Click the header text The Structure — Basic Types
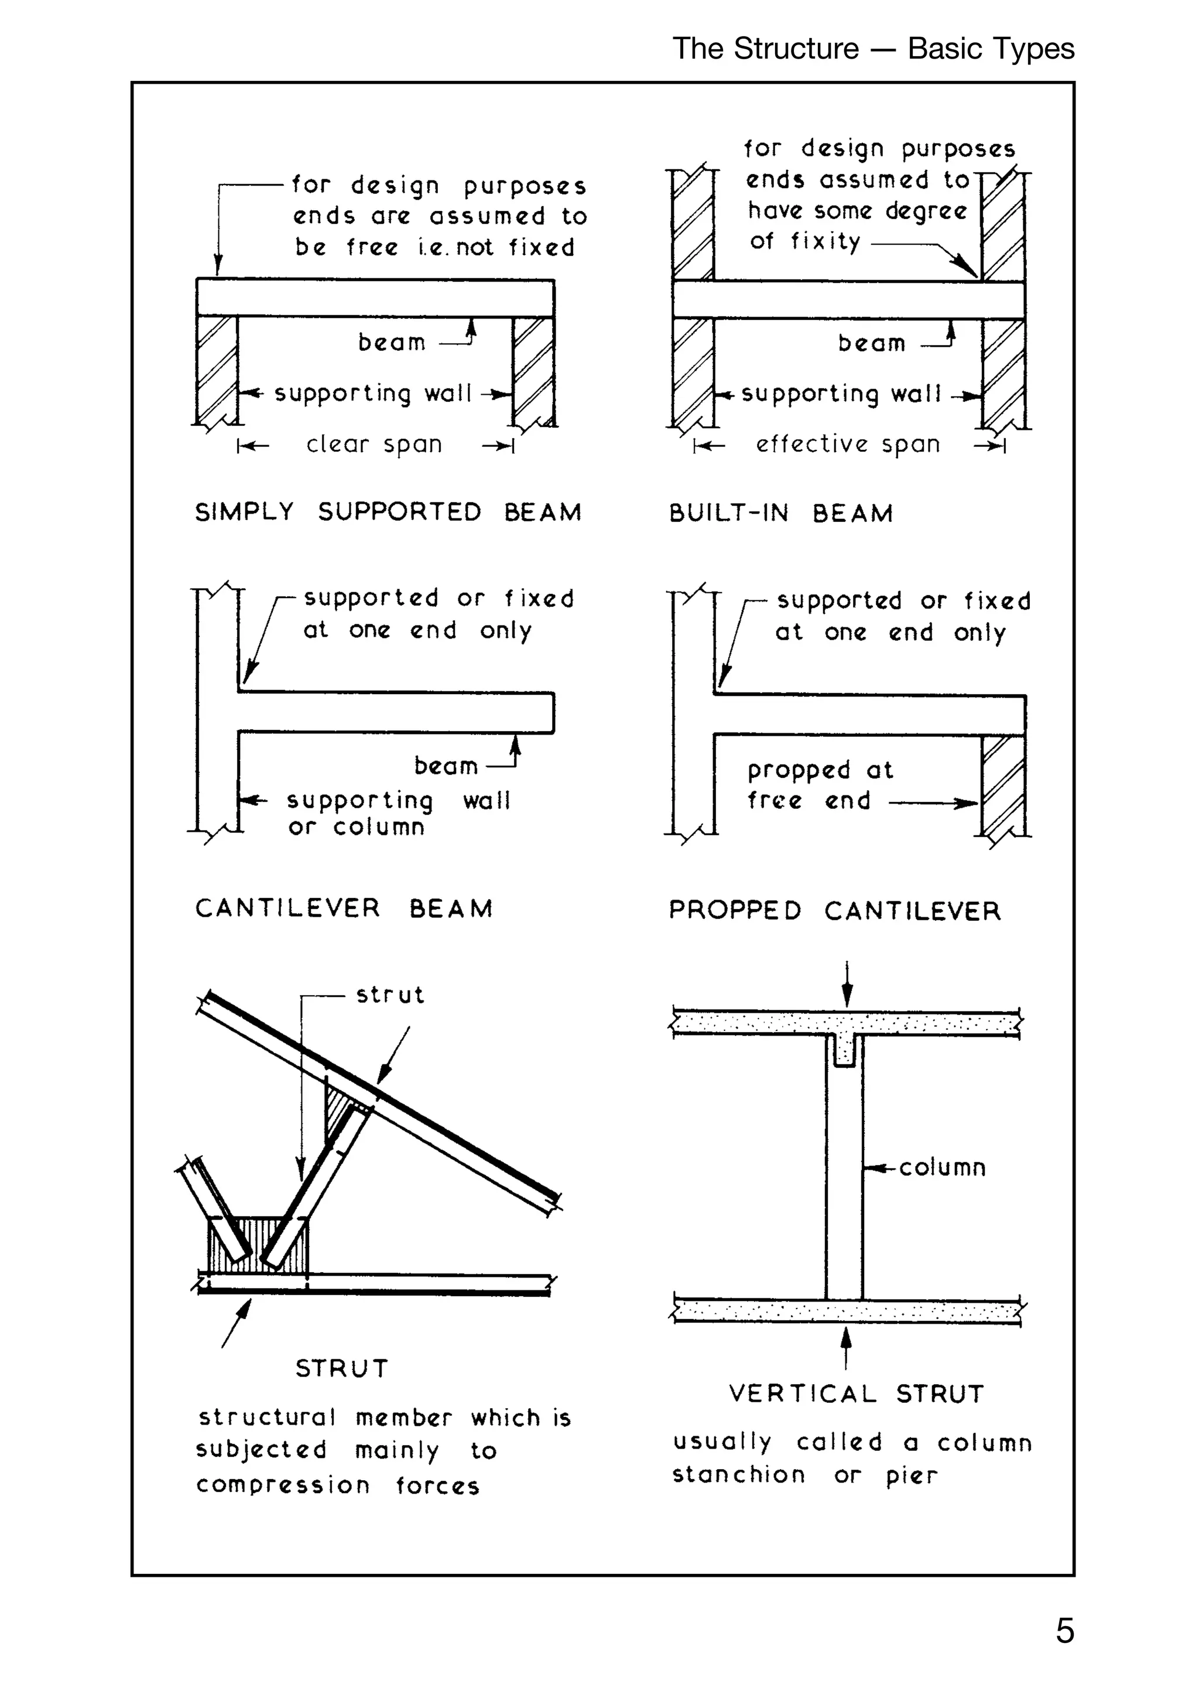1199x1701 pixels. pos(873,49)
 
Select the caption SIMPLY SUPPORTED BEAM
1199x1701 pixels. pos(388,512)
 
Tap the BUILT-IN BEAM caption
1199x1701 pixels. pos(780,514)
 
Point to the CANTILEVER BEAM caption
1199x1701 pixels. pos(344,908)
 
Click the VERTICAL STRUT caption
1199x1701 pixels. pos(856,1393)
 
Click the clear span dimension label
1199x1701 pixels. pos(374,445)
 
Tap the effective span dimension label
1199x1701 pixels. pos(848,445)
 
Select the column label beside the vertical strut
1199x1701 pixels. pos(942,1167)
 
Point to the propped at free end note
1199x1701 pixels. pos(820,785)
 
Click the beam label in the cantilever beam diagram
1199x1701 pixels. pos(446,766)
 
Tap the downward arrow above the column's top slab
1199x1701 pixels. pos(847,985)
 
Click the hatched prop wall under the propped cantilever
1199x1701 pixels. pos(1003,785)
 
